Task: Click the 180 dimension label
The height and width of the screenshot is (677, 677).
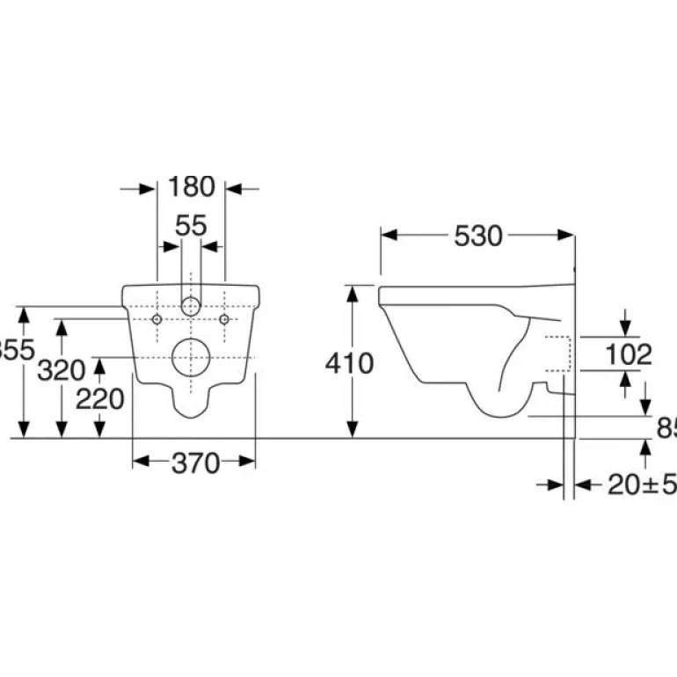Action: coord(191,186)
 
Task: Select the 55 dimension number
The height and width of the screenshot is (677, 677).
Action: coord(191,226)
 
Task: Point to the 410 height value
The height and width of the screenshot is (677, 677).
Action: coord(350,362)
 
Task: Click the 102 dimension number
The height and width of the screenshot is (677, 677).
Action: coord(629,354)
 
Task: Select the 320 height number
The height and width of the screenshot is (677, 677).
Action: coord(61,370)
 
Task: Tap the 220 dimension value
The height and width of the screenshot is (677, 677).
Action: coord(99,399)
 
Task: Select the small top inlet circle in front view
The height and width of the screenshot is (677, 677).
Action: coord(190,307)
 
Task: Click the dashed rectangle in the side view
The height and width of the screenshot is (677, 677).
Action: coord(560,354)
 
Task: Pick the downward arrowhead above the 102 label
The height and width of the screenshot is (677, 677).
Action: coord(626,329)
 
